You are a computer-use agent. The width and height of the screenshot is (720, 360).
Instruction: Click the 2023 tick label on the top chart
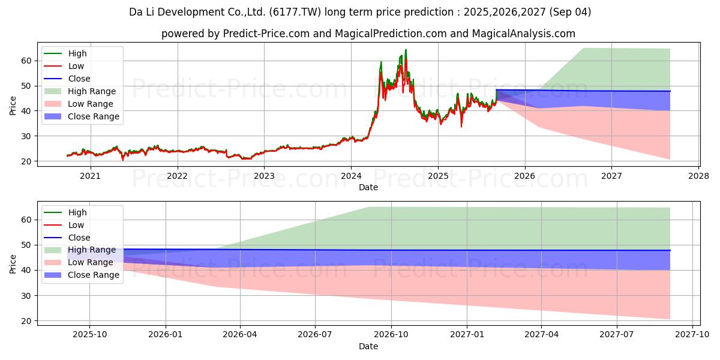pos(264,176)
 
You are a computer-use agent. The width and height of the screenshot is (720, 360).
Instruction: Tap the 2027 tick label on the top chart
pos(611,176)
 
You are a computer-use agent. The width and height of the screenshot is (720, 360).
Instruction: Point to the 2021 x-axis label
pos(90,176)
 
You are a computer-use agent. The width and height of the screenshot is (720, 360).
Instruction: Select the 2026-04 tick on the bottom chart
pos(240,335)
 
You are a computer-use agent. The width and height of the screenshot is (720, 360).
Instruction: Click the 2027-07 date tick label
pos(617,335)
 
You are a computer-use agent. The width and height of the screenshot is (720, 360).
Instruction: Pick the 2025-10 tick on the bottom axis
pos(89,335)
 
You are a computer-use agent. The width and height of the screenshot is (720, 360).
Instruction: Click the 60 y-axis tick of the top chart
pos(26,61)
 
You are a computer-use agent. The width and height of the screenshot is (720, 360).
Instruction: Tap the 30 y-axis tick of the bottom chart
pos(26,296)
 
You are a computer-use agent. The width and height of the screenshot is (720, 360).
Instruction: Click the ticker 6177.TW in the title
pos(295,12)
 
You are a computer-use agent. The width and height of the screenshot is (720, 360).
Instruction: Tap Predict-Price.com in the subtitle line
pos(266,34)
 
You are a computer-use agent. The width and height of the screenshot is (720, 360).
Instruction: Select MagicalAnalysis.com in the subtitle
pos(524,34)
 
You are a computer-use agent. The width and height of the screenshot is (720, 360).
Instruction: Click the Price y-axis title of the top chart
pos(13,106)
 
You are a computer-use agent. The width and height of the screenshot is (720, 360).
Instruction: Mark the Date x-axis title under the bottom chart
pos(368,346)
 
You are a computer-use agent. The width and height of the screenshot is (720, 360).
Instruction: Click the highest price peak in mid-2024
pos(406,50)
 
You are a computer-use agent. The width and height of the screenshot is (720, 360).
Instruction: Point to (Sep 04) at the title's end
pos(570,12)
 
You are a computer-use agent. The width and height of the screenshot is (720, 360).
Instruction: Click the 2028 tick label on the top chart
pos(698,176)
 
